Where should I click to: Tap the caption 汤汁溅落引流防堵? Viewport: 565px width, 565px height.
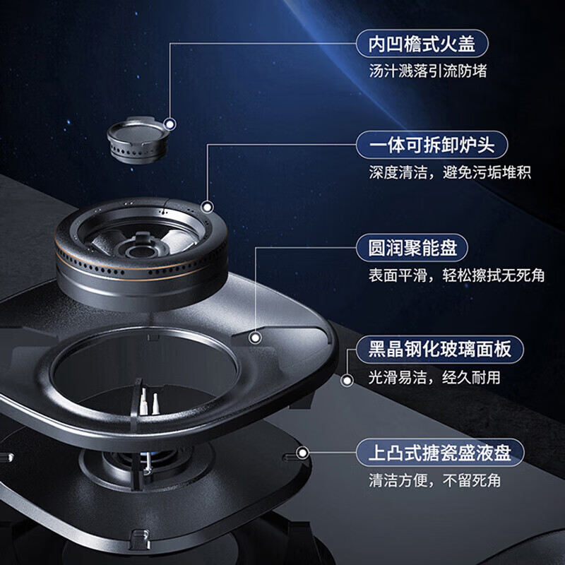(x=428, y=71)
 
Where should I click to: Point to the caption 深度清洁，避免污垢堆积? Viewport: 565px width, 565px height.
(x=450, y=172)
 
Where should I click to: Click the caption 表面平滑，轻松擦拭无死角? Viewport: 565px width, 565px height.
(x=457, y=275)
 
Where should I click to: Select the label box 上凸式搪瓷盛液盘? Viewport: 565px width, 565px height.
(x=440, y=451)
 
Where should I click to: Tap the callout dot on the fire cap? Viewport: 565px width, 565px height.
(x=169, y=124)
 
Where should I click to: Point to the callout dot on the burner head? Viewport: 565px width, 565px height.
(x=208, y=207)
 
